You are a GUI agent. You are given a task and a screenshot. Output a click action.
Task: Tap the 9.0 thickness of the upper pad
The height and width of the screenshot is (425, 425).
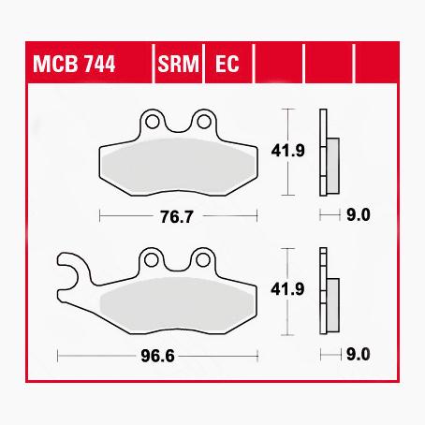(x=359, y=215)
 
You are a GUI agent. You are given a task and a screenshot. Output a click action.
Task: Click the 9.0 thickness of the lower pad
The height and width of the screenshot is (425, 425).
(x=359, y=356)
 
